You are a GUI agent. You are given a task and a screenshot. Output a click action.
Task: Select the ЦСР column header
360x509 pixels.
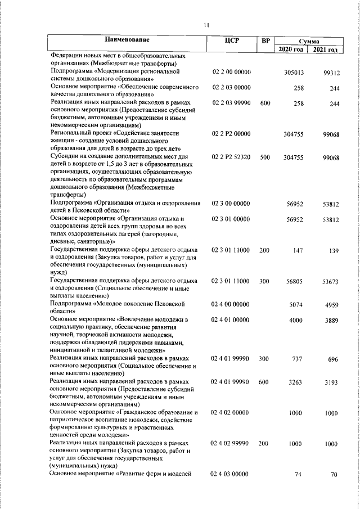point(232,40)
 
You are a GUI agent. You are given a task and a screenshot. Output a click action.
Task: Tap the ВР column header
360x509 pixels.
point(265,40)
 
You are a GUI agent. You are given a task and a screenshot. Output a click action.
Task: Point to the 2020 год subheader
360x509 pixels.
point(291,49)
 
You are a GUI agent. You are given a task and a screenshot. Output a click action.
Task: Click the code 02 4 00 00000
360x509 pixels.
point(231,305)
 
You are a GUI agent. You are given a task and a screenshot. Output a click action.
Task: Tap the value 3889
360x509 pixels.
point(331,321)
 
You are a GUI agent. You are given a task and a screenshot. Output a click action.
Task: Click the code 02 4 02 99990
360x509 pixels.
point(231,444)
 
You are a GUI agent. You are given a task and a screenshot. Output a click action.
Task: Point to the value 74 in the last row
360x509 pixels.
point(299,475)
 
